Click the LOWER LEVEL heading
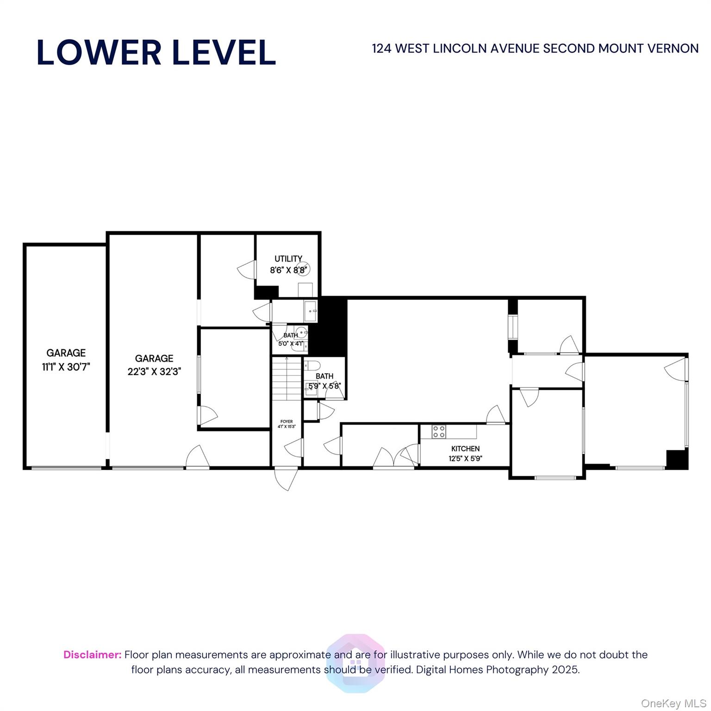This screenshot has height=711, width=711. (x=156, y=52)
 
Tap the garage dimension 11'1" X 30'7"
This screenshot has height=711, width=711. (x=66, y=367)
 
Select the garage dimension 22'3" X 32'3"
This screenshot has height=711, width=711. (x=154, y=371)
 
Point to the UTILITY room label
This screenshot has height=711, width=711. (x=288, y=259)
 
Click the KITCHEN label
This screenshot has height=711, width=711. (x=465, y=449)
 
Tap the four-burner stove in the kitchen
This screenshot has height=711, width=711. (x=439, y=432)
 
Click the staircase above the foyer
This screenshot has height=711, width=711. (x=286, y=380)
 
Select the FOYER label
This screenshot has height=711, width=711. (x=287, y=422)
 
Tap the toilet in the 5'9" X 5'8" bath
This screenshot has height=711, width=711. (x=311, y=365)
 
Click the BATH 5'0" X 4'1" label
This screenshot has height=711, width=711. (x=291, y=339)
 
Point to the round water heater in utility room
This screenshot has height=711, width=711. (x=303, y=268)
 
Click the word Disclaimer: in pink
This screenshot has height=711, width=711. (x=92, y=655)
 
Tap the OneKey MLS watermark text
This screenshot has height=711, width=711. (x=673, y=704)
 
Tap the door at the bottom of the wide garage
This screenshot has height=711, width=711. (x=197, y=457)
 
